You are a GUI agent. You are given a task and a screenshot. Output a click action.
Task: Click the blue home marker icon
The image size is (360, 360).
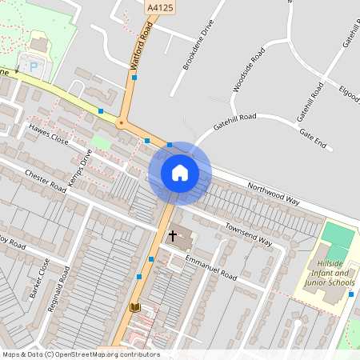(179, 173)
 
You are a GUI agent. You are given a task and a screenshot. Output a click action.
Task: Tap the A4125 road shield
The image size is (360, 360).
(158, 6)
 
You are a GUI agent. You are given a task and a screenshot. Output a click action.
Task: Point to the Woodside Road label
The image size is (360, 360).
(248, 72)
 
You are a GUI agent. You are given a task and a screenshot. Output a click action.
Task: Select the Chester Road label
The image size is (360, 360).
(46, 180)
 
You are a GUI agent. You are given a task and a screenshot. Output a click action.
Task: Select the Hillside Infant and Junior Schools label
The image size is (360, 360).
(330, 272)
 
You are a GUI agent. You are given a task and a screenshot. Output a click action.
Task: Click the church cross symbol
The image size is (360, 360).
(172, 237)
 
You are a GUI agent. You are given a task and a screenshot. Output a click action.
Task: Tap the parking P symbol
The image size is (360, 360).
(33, 66)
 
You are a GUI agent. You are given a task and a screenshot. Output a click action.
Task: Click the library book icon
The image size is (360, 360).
(134, 307)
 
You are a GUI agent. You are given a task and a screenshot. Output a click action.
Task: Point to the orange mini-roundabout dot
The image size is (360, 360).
(121, 123)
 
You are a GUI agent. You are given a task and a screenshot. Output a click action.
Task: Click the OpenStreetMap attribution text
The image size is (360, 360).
(81, 354)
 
